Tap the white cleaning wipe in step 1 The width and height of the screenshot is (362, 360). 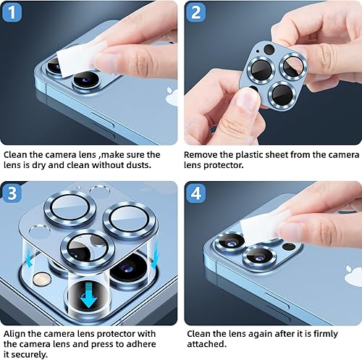tap(79, 59)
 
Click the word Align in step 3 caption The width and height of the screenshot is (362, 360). tap(16, 334)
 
